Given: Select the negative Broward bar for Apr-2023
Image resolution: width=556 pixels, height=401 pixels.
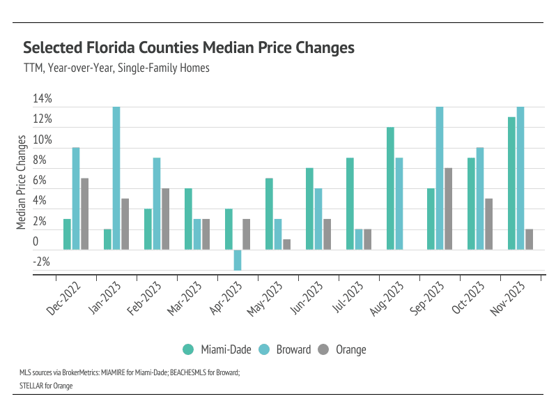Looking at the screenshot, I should (238, 260).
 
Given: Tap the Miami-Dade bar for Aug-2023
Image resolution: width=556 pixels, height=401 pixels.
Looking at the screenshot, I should (390, 188).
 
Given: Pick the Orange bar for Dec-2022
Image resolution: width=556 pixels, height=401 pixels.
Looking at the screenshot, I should (84, 214).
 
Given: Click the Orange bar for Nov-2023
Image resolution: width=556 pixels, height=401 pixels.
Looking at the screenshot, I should (529, 239).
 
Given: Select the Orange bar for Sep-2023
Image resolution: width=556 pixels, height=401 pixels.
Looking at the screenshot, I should (448, 209).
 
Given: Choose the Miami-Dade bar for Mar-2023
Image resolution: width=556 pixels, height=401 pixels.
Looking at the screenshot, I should (188, 219).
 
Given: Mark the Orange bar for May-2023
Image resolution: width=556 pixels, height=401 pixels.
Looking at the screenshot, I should (286, 244).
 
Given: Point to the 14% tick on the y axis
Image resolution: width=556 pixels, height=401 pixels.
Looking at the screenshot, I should (42, 99).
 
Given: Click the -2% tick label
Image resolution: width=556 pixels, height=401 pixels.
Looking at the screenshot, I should (41, 262).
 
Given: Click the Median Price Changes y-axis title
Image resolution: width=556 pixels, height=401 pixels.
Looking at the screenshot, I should (21, 181).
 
